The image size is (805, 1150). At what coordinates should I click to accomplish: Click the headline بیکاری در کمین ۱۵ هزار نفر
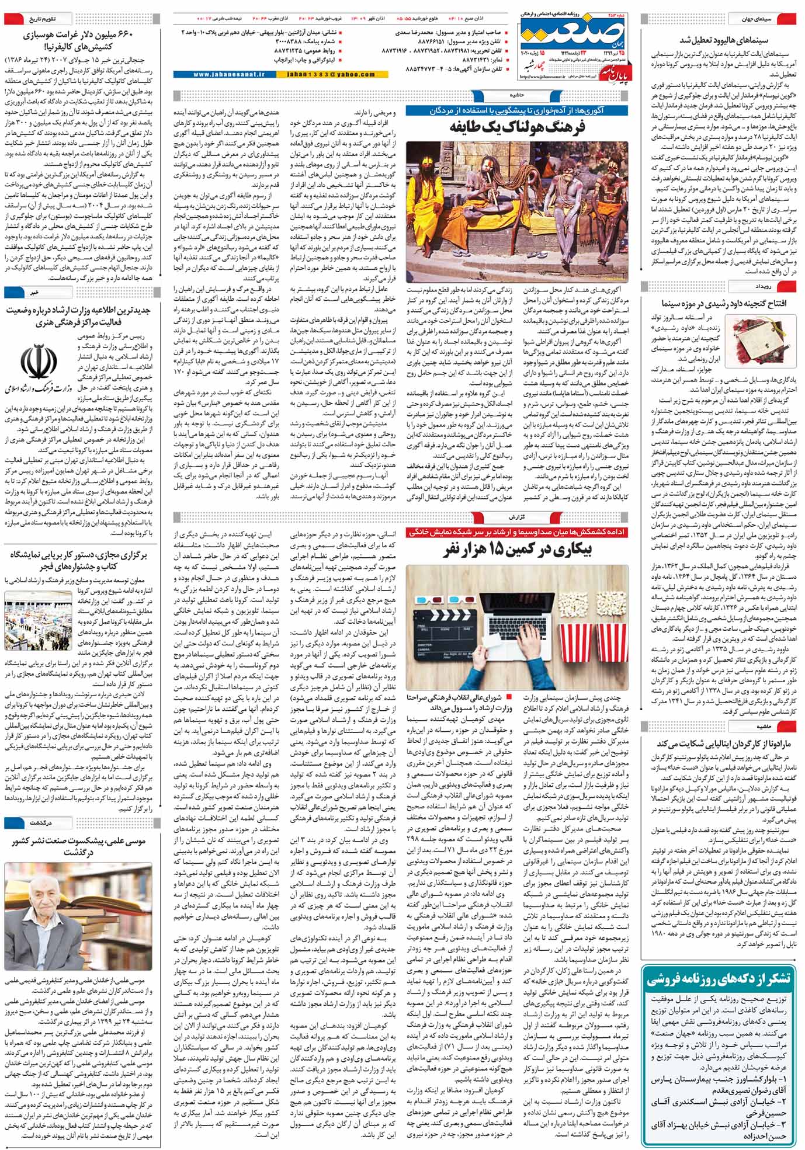click(x=517, y=549)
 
